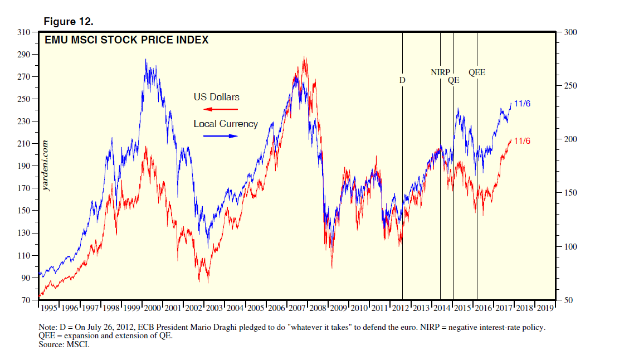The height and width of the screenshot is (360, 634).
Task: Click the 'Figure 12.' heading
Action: click(69, 22)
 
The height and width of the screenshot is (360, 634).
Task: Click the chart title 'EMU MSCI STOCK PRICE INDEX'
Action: click(126, 40)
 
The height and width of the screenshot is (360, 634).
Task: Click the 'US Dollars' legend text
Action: click(217, 97)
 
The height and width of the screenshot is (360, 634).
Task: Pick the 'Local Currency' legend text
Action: click(226, 124)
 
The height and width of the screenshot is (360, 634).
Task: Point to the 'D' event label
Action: click(402, 80)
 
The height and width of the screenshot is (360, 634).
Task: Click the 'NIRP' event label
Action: click(440, 72)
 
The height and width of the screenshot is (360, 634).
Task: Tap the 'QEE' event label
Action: click(477, 72)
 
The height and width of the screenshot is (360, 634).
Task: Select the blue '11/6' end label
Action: click(522, 104)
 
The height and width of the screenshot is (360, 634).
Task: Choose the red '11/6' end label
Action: click(522, 141)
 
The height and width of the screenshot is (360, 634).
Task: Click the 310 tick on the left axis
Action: click(23, 32)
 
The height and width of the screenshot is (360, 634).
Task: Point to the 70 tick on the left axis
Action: click(26, 300)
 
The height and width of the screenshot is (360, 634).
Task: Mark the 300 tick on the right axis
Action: click(571, 32)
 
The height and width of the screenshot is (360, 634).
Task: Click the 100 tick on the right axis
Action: click(571, 247)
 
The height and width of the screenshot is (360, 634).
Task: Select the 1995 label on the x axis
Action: click(49, 308)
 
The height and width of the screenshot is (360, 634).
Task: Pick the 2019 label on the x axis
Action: click(545, 308)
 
